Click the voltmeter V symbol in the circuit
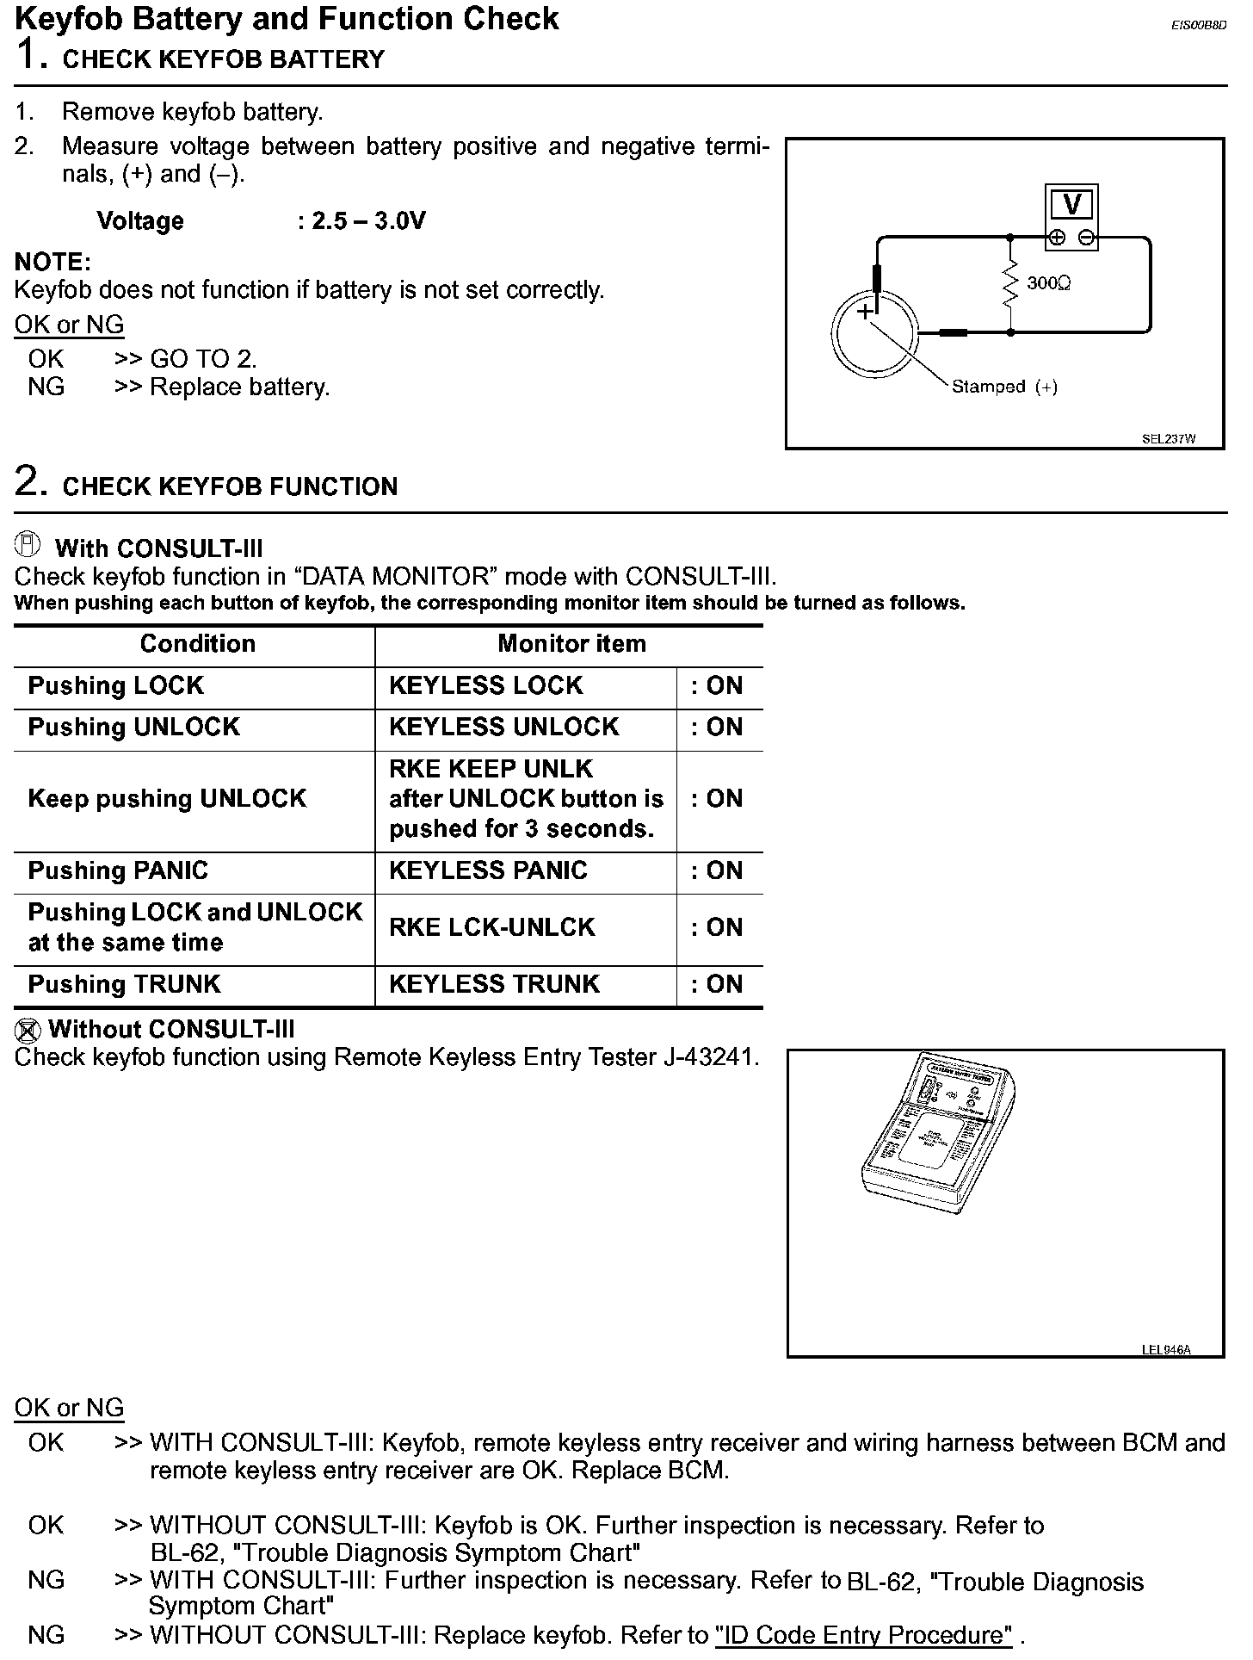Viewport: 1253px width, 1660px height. pyautogui.click(x=1071, y=205)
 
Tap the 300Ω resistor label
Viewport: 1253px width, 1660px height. pyautogui.click(x=1048, y=283)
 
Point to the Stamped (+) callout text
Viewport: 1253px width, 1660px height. pyautogui.click(x=1004, y=387)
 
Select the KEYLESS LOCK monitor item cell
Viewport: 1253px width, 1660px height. pyautogui.click(x=486, y=686)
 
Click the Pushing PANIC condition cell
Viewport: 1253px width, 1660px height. pyautogui.click(x=118, y=871)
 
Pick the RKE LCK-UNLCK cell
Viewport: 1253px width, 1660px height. pyautogui.click(x=491, y=927)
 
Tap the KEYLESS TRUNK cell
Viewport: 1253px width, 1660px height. pyautogui.click(x=494, y=984)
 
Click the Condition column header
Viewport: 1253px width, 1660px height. pyautogui.click(x=197, y=644)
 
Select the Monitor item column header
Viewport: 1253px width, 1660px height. pyautogui.click(x=571, y=644)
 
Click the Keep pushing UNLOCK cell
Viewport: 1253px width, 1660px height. pyautogui.click(x=167, y=799)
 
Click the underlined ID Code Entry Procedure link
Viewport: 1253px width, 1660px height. pyautogui.click(x=863, y=1635)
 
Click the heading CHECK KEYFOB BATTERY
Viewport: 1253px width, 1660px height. pyautogui.click(x=224, y=59)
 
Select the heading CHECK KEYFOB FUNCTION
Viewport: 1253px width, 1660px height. pyautogui.click(x=230, y=486)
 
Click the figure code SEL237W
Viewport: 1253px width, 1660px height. pyautogui.click(x=1169, y=439)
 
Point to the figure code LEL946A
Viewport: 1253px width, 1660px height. pyautogui.click(x=1166, y=1349)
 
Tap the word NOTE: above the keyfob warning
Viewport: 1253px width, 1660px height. pyautogui.click(x=52, y=262)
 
